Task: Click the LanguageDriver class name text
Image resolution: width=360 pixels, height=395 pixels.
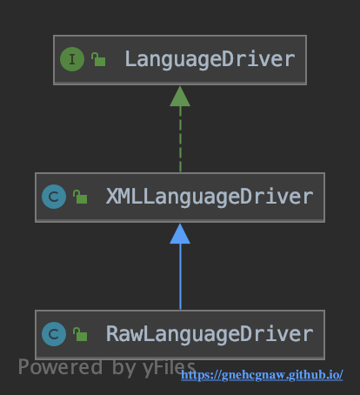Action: pyautogui.click(x=210, y=60)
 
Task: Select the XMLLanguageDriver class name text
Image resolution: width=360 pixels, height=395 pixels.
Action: pyautogui.click(x=210, y=197)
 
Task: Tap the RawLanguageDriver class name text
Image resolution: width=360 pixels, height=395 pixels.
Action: pyautogui.click(x=210, y=334)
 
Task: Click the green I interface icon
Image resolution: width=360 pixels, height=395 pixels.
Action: pyautogui.click(x=72, y=59)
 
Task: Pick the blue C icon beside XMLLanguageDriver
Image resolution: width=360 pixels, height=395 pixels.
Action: pyautogui.click(x=54, y=197)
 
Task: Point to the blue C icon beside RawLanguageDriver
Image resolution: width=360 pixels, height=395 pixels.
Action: pyautogui.click(x=54, y=334)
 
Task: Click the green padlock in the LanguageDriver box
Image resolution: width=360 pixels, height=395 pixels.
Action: pyautogui.click(x=98, y=59)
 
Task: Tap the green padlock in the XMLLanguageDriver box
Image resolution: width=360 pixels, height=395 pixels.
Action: pyautogui.click(x=80, y=197)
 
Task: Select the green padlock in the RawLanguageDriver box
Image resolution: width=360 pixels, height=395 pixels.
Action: pyautogui.click(x=80, y=334)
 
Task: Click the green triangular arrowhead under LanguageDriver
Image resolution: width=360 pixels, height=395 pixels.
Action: pyautogui.click(x=180, y=97)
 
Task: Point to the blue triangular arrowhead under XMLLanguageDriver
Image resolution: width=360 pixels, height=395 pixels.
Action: pyautogui.click(x=180, y=234)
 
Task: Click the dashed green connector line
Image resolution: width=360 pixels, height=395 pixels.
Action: pyautogui.click(x=180, y=139)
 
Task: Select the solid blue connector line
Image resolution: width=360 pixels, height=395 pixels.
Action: pyautogui.click(x=180, y=277)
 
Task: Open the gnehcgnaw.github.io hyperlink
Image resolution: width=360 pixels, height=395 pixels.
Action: pyautogui.click(x=262, y=375)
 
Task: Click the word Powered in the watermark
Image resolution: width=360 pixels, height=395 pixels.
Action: pyautogui.click(x=60, y=367)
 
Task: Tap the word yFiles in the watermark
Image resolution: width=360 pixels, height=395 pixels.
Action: pyautogui.click(x=169, y=368)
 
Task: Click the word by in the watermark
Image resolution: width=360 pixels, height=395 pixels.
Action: pyautogui.click(x=123, y=368)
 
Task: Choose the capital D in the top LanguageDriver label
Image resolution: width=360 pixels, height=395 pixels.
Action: pyautogui.click(x=228, y=59)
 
